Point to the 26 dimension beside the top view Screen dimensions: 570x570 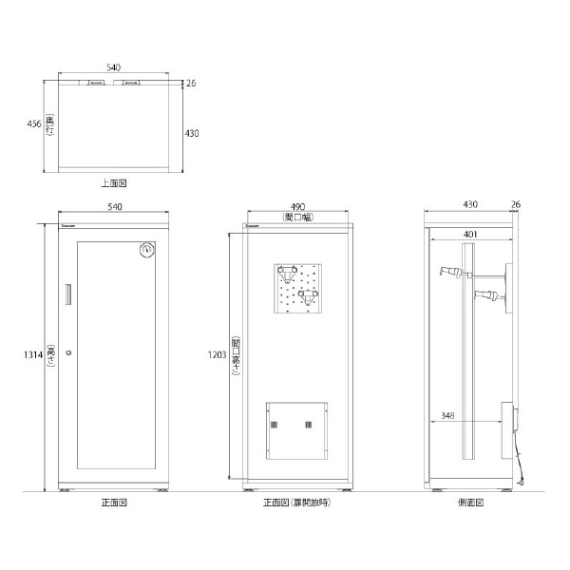[191, 84]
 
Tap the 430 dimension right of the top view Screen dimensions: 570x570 [191, 134]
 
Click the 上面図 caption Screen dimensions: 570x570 [114, 181]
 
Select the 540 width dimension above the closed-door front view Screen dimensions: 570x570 [114, 206]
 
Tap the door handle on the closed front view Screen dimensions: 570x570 [66, 294]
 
